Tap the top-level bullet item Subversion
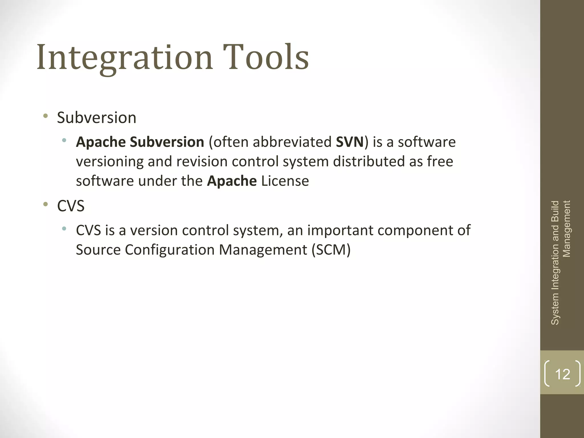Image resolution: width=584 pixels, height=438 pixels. pos(97,118)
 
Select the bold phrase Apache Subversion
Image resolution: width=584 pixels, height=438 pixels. pos(140,142)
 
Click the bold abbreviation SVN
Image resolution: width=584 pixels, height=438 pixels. pos(350,142)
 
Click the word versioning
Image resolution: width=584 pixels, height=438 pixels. pos(109,162)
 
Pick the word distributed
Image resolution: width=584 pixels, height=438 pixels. pos(369,162)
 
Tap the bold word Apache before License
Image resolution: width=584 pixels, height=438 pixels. pos(232,181)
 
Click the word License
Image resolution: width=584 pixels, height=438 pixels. pos(285,181)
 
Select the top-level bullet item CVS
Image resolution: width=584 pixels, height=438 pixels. pos(71,206)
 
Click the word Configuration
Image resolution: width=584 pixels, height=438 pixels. pos(169,250)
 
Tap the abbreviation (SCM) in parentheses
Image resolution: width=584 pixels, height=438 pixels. pos(331,250)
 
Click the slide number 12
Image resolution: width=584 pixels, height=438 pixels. pos(563,374)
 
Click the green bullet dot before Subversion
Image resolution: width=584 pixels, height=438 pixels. pos(45,116)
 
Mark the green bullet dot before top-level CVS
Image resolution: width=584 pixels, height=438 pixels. pos(45,204)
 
